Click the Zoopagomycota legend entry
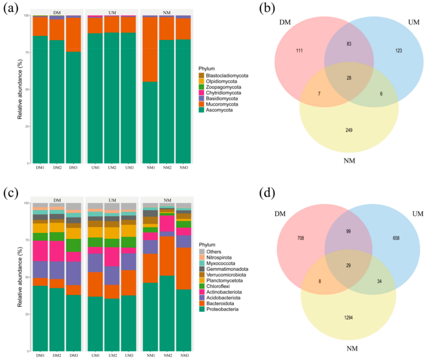224,87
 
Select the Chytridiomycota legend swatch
201,93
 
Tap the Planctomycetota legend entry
225,281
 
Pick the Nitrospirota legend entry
219,258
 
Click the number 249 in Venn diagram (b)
349,130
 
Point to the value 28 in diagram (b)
349,78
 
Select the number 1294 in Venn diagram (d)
348,318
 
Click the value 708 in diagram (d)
301,238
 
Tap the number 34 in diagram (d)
379,281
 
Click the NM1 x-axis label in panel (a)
150,168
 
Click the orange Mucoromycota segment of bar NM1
150,49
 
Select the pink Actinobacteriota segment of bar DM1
40,251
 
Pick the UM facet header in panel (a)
112,13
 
